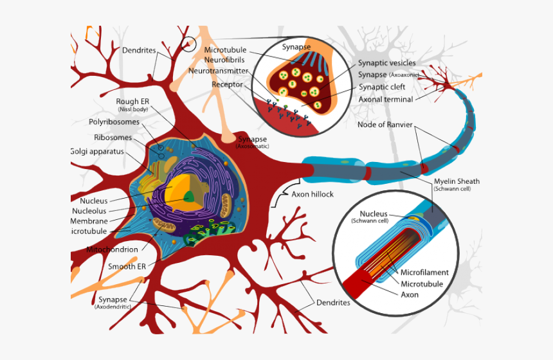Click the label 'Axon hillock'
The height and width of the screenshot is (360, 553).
point(313,194)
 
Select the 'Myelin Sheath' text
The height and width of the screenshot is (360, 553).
point(457,181)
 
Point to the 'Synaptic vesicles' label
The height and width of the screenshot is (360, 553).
point(386,63)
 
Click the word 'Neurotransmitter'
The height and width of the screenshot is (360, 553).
point(219,71)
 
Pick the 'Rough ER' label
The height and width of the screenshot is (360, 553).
point(133,102)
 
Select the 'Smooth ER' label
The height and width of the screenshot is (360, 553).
point(127,266)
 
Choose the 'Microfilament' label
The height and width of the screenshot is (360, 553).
point(424,273)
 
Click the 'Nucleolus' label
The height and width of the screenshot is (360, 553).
point(89,211)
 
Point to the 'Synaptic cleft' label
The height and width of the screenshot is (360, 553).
point(381,87)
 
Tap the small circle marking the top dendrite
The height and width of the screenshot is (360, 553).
point(188,44)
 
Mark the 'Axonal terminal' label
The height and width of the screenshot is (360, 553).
point(386,100)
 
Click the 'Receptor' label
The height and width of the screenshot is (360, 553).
point(227,84)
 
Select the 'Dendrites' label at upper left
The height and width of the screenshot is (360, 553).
point(138,50)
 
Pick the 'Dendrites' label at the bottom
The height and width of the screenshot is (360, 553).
point(333,302)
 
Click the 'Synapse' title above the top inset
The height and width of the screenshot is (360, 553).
point(296,47)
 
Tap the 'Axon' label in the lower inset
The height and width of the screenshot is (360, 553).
point(410,294)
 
